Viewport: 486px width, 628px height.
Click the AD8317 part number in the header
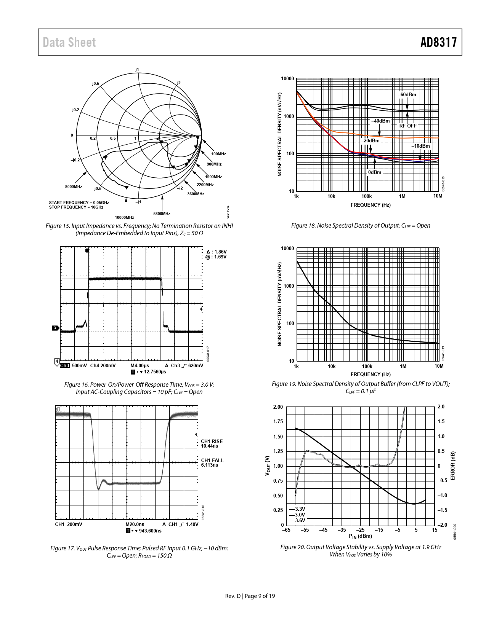click(438, 42)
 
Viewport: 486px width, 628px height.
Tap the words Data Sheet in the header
click(69, 42)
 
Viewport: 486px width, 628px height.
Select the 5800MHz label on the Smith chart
click(162, 214)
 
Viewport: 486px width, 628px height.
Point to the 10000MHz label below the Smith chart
click(124, 217)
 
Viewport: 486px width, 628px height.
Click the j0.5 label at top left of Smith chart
click(95, 83)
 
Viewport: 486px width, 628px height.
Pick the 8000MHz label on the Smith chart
click(74, 186)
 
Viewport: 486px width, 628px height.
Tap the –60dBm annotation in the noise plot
click(407, 94)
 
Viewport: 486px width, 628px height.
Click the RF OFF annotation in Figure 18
click(408, 126)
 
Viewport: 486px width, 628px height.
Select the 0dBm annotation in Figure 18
click(375, 172)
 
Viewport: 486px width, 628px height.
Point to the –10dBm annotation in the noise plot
click(420, 146)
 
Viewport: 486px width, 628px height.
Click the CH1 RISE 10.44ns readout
click(212, 443)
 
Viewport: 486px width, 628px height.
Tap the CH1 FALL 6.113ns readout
click(212, 462)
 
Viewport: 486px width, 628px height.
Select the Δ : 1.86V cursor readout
click(216, 252)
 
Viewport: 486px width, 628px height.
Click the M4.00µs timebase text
click(140, 366)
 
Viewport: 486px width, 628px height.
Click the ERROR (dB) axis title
click(452, 466)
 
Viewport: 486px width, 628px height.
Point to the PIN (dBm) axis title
click(360, 536)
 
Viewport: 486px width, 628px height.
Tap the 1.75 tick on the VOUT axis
click(278, 422)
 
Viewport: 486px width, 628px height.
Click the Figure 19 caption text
click(361, 387)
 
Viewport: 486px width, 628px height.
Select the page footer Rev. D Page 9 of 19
click(250, 596)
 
